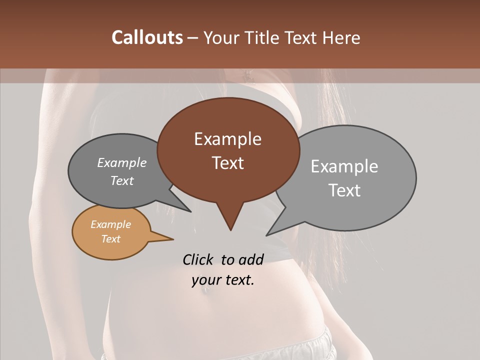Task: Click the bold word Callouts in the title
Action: point(147,37)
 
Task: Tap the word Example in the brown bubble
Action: point(227,139)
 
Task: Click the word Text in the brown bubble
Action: point(227,163)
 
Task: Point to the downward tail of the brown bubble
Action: point(230,220)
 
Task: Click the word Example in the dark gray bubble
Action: point(121,162)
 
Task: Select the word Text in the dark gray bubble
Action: point(121,180)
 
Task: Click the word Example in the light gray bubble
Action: point(344,166)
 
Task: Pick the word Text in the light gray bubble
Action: point(344,190)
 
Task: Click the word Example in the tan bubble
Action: point(110,224)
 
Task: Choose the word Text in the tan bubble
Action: point(110,239)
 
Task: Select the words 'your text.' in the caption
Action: point(222,280)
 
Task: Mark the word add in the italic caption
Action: point(251,259)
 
